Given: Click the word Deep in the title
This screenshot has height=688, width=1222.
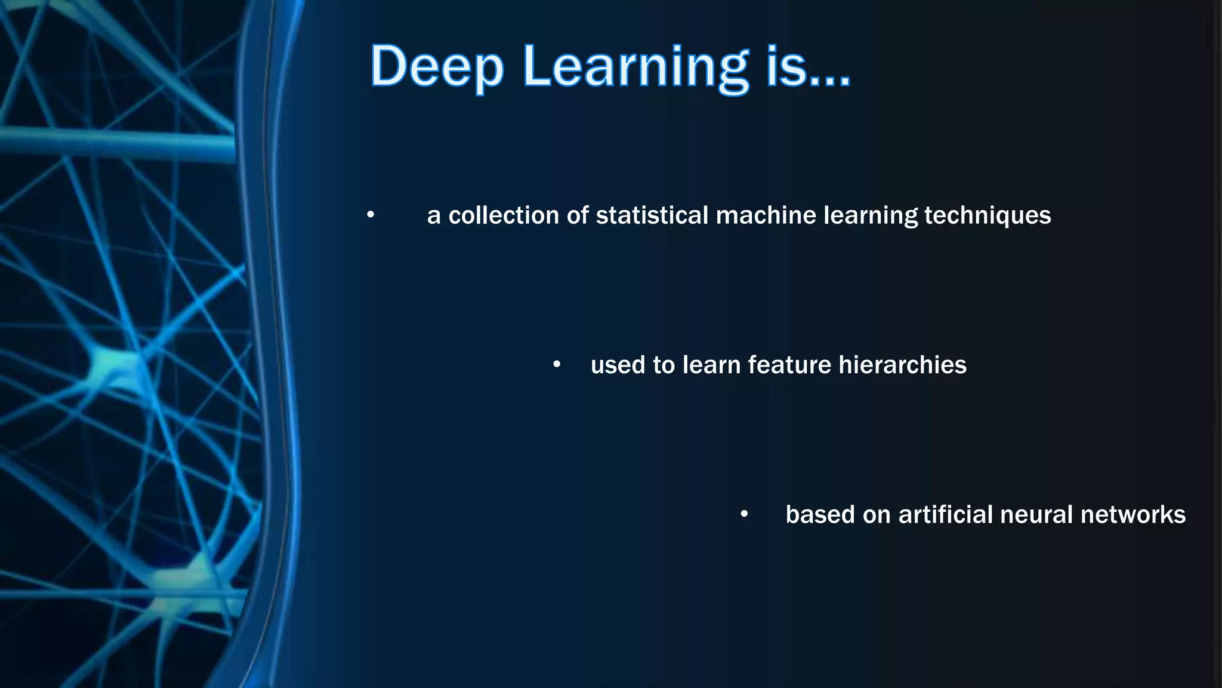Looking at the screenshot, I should click(437, 67).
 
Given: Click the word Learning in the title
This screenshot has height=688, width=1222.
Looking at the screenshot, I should click(635, 67).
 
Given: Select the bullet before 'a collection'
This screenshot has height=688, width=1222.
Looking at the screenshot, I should click(371, 214).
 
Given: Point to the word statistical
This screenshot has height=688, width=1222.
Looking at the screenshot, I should click(652, 216).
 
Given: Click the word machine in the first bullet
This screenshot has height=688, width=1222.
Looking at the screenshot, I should click(766, 216).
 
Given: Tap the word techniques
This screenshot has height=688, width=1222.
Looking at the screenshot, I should click(988, 216).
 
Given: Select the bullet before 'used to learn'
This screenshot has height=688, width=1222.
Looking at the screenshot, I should click(557, 364).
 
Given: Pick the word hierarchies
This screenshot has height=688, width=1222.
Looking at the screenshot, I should click(902, 365).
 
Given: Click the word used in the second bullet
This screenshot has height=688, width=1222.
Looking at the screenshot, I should click(618, 365).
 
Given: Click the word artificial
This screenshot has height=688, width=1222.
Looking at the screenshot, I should click(945, 514).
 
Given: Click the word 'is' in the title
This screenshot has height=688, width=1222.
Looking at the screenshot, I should click(786, 67).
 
